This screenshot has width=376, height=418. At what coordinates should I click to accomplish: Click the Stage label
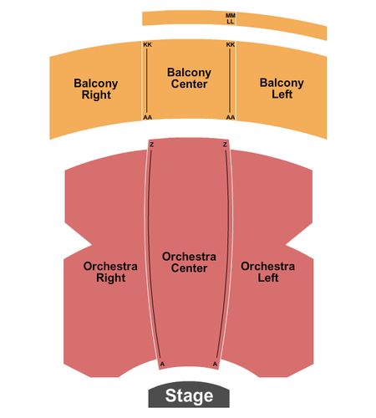(189, 395)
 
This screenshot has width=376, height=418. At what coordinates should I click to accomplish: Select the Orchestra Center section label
(189, 263)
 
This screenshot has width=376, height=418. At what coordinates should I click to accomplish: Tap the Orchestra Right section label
(110, 272)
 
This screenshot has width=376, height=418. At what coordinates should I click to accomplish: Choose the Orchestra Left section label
(267, 272)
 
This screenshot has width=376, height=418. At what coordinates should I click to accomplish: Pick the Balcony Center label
(189, 78)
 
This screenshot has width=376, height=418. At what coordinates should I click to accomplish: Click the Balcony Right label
(96, 89)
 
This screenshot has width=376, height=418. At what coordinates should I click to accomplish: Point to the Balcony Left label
(282, 89)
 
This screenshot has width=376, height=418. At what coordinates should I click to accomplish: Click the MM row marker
(231, 15)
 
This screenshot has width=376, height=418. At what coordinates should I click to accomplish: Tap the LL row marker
(230, 22)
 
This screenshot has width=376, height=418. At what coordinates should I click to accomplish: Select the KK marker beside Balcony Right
(148, 44)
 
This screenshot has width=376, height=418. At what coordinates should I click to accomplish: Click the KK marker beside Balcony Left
(231, 44)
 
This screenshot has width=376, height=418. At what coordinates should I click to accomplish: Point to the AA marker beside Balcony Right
(148, 117)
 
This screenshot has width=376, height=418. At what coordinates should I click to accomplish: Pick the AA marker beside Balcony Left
(231, 117)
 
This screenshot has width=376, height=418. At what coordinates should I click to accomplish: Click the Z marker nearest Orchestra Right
(152, 145)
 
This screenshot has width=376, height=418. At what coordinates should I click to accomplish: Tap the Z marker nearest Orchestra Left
(225, 145)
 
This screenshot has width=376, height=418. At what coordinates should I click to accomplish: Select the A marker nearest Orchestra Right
(163, 364)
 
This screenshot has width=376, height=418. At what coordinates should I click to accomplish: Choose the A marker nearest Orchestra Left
(215, 364)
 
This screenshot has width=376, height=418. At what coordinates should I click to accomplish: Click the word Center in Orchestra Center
(189, 268)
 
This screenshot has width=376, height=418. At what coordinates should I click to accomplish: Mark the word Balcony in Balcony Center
(189, 73)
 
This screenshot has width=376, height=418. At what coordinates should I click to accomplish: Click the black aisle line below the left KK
(147, 81)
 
